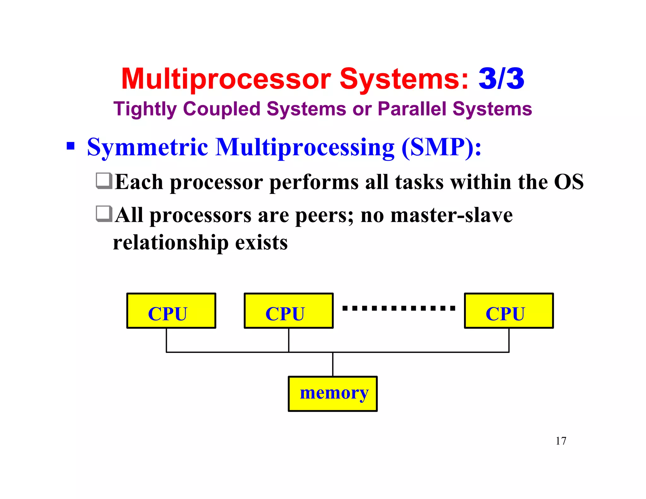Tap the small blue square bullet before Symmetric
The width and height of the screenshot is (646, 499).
71,146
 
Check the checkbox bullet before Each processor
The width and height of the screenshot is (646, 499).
104,181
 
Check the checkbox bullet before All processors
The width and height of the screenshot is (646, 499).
104,214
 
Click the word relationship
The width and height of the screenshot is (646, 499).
170,243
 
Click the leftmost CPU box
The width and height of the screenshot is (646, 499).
171,311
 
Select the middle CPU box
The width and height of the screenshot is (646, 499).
288,311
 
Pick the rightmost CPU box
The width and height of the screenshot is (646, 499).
508,311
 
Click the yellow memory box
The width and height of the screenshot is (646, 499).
332,394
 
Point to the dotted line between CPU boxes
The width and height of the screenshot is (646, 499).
399,308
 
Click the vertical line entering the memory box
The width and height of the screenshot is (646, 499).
333,364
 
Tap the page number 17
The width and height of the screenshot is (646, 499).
561,441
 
